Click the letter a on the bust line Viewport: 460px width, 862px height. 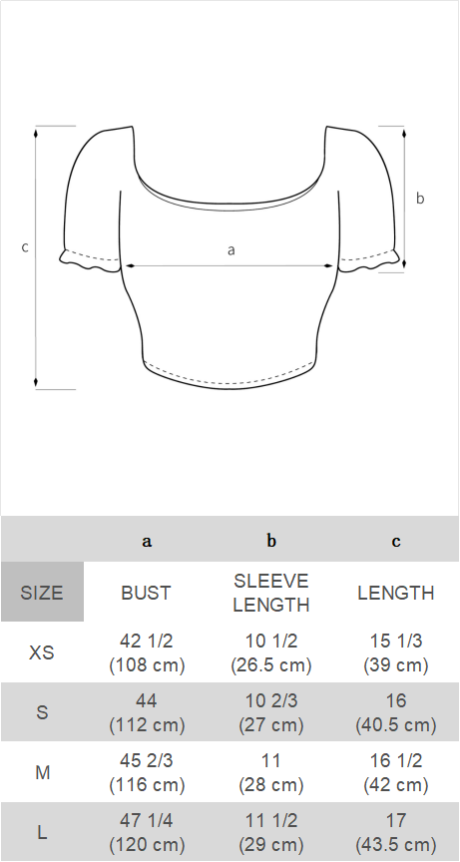pyautogui.click(x=231, y=250)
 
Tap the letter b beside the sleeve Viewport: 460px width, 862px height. pyautogui.click(x=420, y=199)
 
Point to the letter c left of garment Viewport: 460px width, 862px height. pyautogui.click(x=25, y=247)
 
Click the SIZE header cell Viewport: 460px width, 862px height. pyautogui.click(x=42, y=593)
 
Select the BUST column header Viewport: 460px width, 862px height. pyautogui.click(x=147, y=593)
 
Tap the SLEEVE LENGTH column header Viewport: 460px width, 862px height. pyautogui.click(x=271, y=593)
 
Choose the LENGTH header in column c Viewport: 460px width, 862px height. pyautogui.click(x=396, y=593)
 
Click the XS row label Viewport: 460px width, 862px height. pyautogui.click(x=42, y=653)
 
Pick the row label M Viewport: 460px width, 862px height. pyautogui.click(x=42, y=773)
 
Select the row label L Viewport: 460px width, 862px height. pyautogui.click(x=42, y=832)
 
